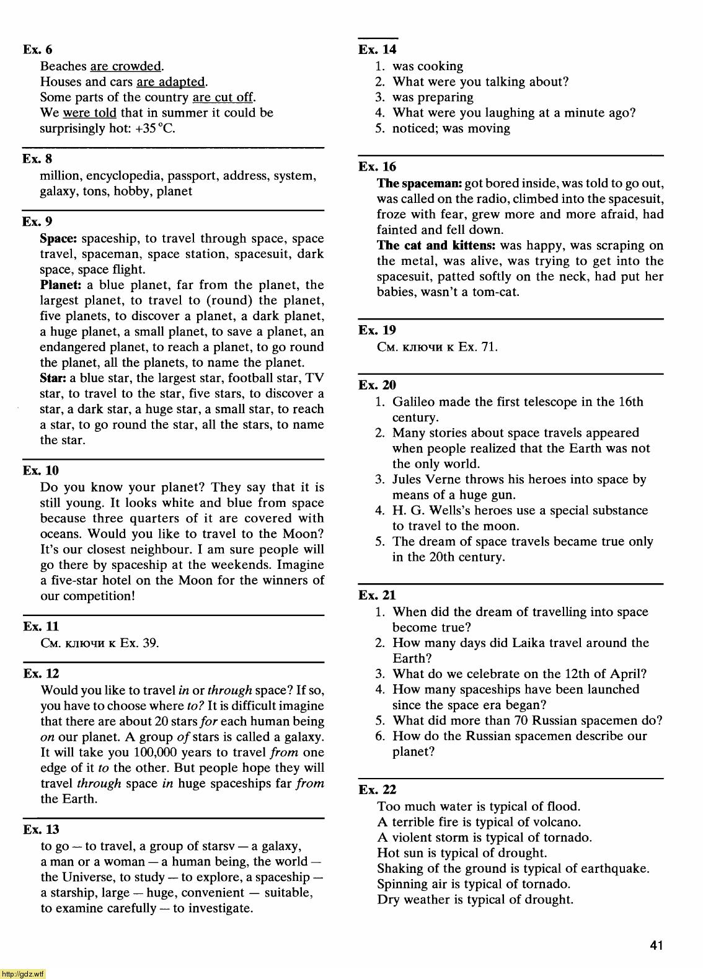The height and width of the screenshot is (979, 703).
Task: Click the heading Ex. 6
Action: [37, 50]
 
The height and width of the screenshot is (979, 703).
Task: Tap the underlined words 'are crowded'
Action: [126, 66]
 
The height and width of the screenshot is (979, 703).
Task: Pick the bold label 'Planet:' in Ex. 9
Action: [61, 285]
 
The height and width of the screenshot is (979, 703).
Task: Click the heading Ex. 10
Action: [41, 471]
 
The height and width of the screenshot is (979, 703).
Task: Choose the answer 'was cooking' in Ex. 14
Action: [428, 66]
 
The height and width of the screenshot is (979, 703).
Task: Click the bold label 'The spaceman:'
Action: [419, 184]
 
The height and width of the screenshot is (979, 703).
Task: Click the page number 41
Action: [657, 945]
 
